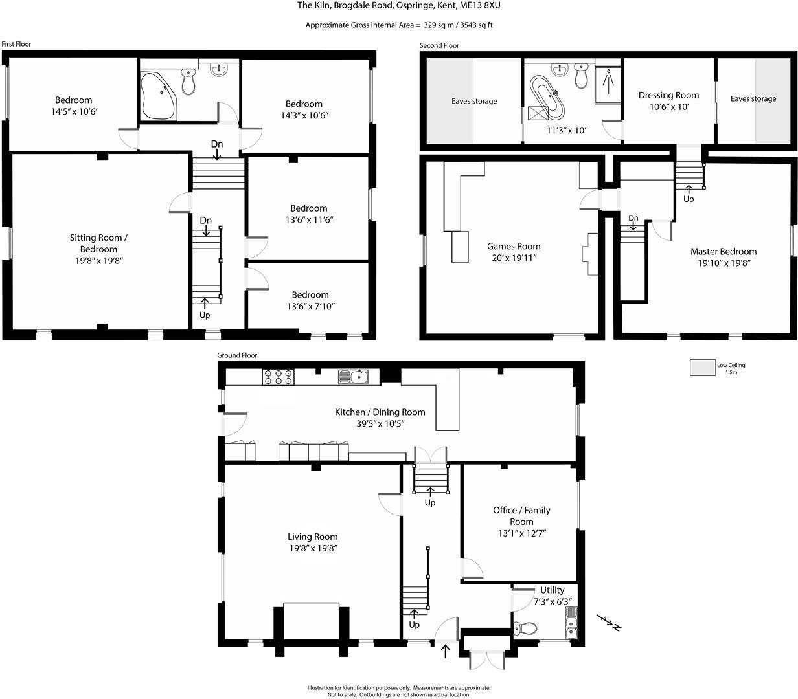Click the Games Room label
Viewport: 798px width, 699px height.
tap(514, 246)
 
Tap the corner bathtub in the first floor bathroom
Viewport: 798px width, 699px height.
tap(157, 96)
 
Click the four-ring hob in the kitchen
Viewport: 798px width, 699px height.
tap(278, 377)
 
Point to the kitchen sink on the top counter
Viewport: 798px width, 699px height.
tap(353, 377)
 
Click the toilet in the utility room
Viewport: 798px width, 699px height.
tap(525, 628)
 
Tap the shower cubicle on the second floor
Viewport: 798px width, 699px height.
tap(608, 83)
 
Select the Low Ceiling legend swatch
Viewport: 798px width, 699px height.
tap(701, 368)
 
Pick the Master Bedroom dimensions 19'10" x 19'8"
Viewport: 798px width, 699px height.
tap(724, 263)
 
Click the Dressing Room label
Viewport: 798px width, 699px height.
tap(668, 95)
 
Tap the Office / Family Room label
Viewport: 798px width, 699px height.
tap(521, 516)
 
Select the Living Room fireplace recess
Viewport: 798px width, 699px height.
tap(311, 621)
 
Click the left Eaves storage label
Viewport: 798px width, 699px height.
tap(474, 101)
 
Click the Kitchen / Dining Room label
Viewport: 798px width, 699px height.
tap(380, 412)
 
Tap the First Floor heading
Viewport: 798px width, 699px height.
tap(16, 44)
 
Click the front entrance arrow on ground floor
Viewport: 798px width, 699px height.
tap(445, 650)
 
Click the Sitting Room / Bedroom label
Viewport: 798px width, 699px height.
tap(98, 243)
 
